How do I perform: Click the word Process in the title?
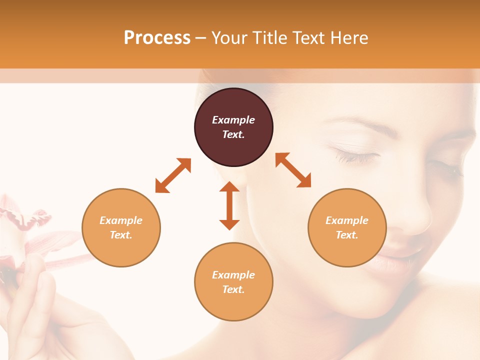click(157, 38)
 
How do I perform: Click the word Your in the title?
click(229, 38)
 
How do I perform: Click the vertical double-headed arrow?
click(229, 205)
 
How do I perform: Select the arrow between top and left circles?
click(173, 175)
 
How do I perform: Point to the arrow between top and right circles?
click(293, 170)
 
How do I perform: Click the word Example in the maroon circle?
click(233, 120)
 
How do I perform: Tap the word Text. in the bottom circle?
click(233, 289)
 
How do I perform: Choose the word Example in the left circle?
click(121, 220)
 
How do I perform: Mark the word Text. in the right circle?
click(347, 235)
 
